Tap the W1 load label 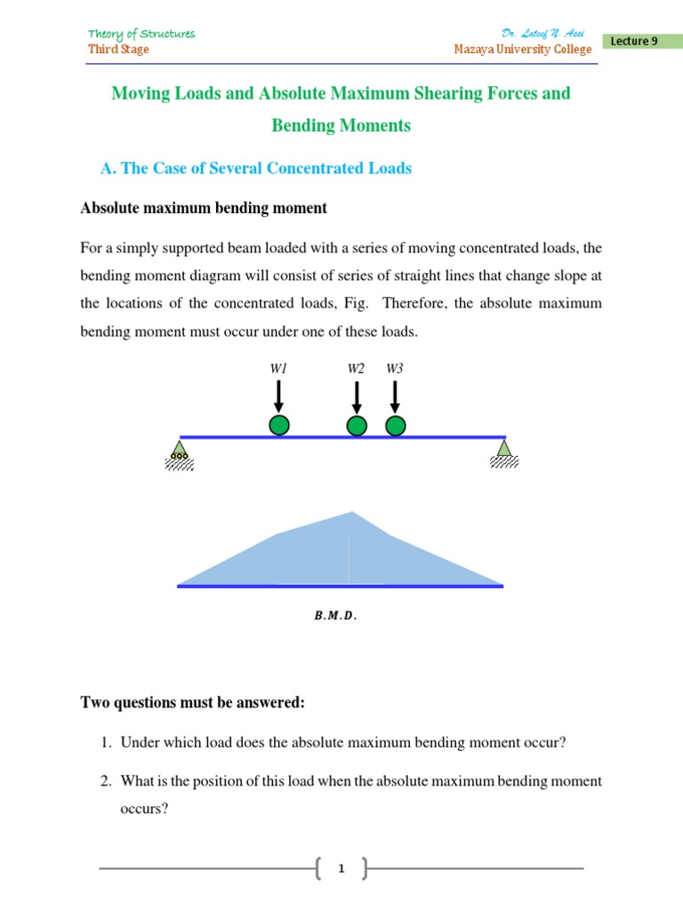point(279,368)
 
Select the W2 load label point(356,368)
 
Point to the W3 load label point(395,368)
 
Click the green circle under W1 point(279,426)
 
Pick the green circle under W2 point(357,426)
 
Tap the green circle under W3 point(396,426)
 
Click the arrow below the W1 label point(279,395)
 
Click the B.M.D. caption point(335,615)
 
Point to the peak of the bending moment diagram point(353,513)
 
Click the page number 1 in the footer point(341,869)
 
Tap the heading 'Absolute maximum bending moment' point(204,208)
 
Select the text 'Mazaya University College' point(522,50)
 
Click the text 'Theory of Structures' point(141,34)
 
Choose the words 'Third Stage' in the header point(118,50)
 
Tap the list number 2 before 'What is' point(105,781)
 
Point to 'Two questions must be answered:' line point(193,703)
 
